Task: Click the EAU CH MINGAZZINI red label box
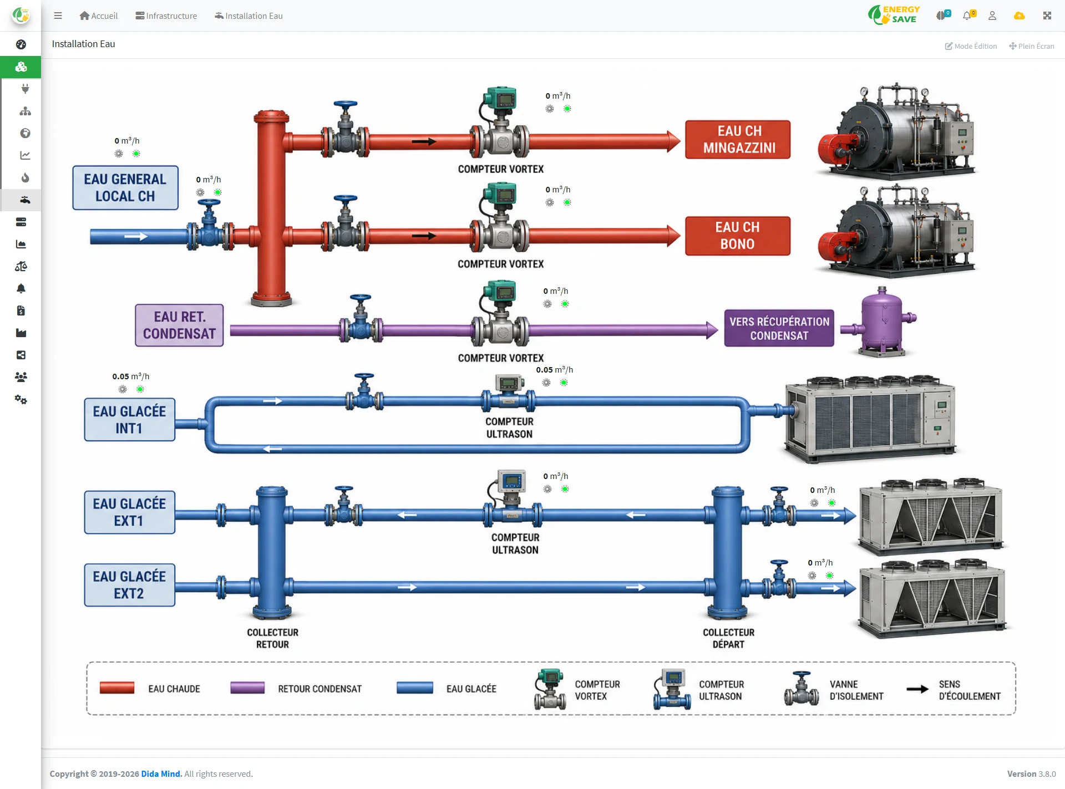pyautogui.click(x=738, y=140)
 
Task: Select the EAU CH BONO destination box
pyautogui.click(x=738, y=236)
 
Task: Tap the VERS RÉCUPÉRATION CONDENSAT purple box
pyautogui.click(x=779, y=328)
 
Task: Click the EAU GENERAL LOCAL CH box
pyautogui.click(x=125, y=188)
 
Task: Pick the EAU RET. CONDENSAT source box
pyautogui.click(x=179, y=325)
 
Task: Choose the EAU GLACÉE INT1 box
pyautogui.click(x=130, y=420)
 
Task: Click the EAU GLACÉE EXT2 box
pyautogui.click(x=130, y=585)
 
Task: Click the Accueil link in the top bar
pyautogui.click(x=99, y=16)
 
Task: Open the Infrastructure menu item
pyautogui.click(x=166, y=16)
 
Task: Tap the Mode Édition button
pyautogui.click(x=971, y=46)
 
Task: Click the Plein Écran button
pyautogui.click(x=1032, y=46)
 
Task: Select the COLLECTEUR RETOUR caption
pyautogui.click(x=272, y=638)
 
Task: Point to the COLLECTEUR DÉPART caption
pyautogui.click(x=729, y=638)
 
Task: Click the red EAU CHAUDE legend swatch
pyautogui.click(x=117, y=688)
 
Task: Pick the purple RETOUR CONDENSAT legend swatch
pyautogui.click(x=247, y=688)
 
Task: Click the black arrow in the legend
pyautogui.click(x=917, y=689)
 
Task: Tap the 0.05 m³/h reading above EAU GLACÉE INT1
pyautogui.click(x=131, y=376)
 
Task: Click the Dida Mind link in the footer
pyautogui.click(x=161, y=774)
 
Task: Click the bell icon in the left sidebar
pyautogui.click(x=21, y=288)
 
